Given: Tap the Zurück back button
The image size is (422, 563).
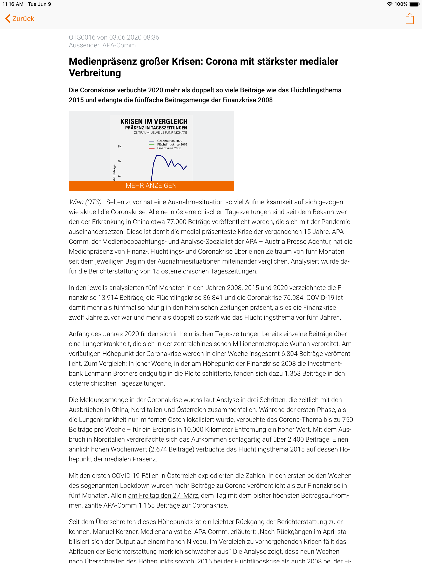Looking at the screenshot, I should pyautogui.click(x=20, y=19).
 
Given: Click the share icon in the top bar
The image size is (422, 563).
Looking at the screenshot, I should pyautogui.click(x=409, y=19).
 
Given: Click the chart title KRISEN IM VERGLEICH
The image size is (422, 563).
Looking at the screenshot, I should pyautogui.click(x=154, y=121).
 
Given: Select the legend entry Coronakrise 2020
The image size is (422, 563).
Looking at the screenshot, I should pyautogui.click(x=170, y=141).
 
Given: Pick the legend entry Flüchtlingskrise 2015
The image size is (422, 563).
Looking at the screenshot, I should pyautogui.click(x=172, y=144).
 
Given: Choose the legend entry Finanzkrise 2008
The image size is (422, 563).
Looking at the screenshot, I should pyautogui.click(x=169, y=148).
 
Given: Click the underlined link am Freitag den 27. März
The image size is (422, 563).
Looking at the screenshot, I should pyautogui.click(x=163, y=495).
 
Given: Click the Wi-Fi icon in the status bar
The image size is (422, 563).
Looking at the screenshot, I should pyautogui.click(x=389, y=4).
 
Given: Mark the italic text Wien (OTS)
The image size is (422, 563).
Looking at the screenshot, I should pyautogui.click(x=85, y=202).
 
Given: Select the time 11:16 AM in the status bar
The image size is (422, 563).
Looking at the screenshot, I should pyautogui.click(x=13, y=4).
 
